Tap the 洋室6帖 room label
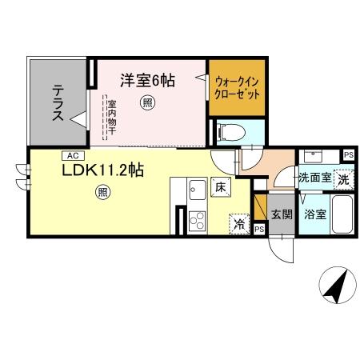[149, 81]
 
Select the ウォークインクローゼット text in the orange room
[238, 87]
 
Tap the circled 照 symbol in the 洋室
[146, 102]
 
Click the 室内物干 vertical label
[112, 120]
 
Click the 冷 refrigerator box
[238, 223]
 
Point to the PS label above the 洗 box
[348, 155]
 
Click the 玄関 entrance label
[280, 214]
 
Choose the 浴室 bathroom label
[314, 214]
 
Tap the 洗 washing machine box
[343, 179]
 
